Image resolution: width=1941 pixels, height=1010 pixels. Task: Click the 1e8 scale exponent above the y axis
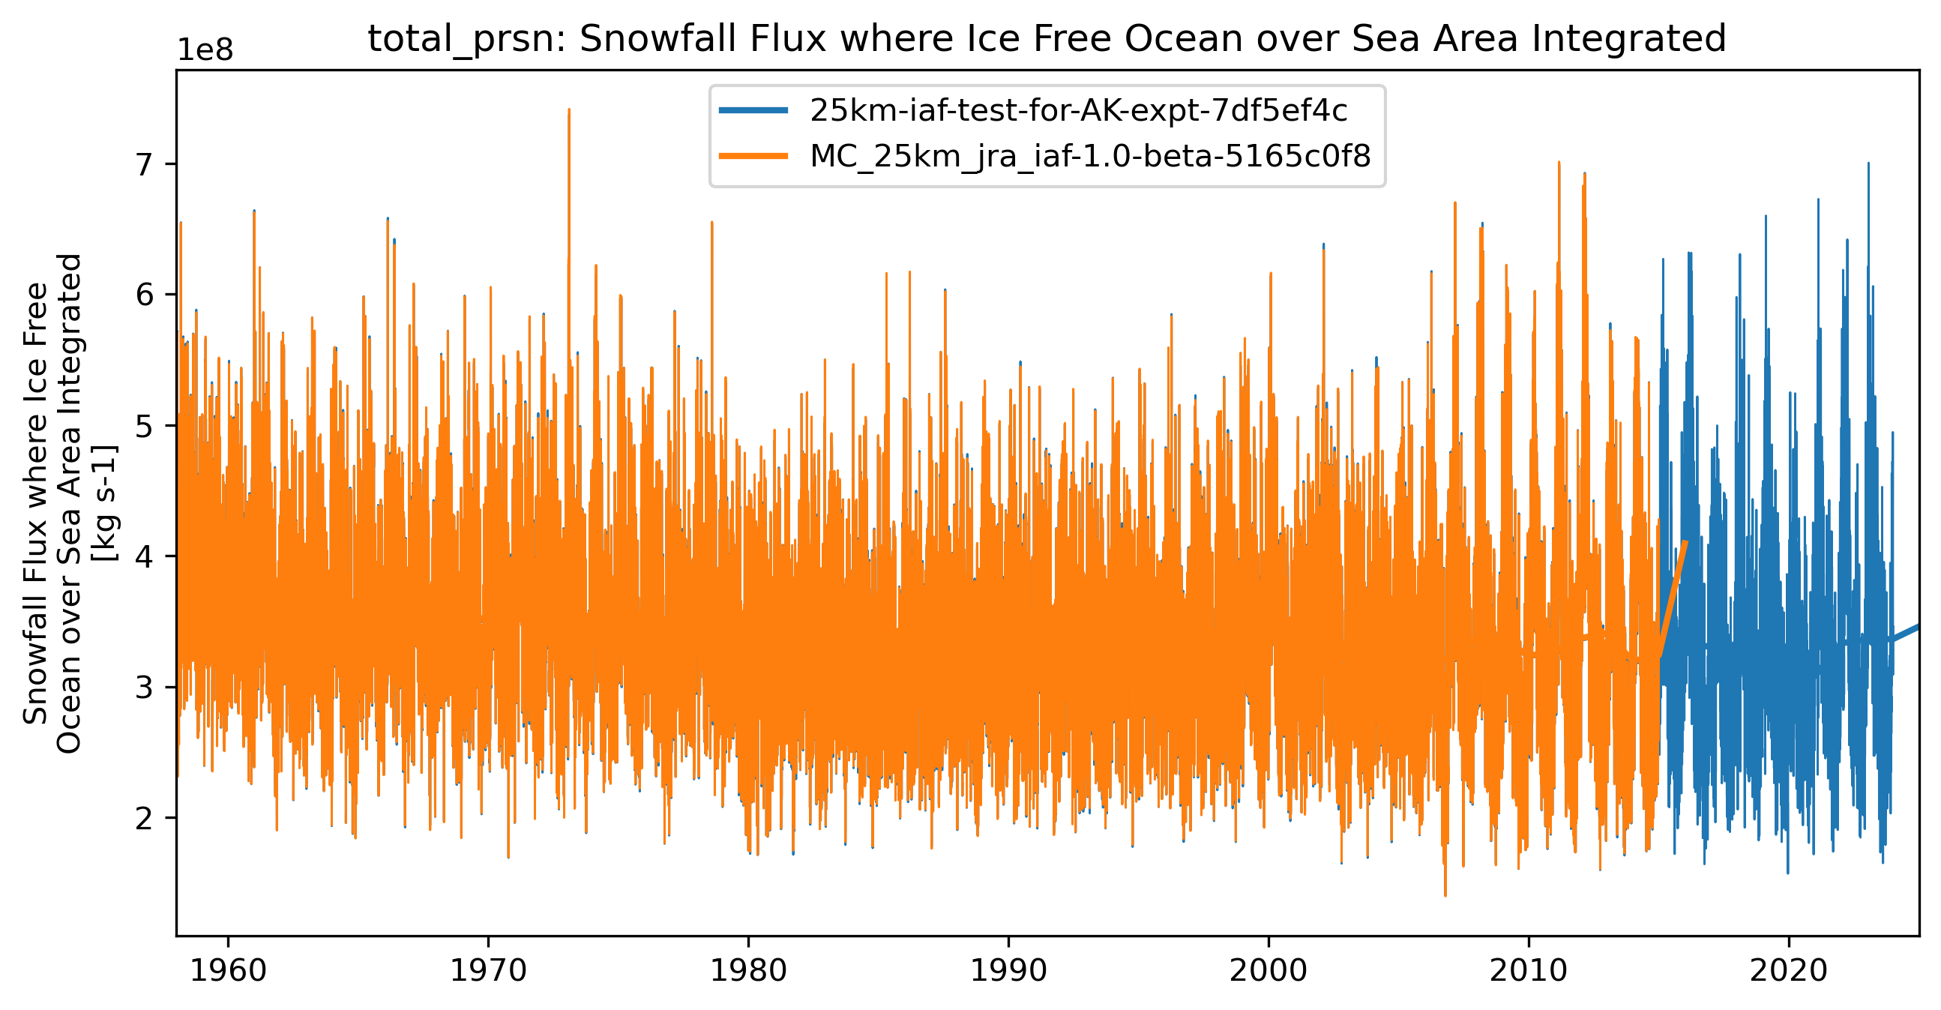pos(205,50)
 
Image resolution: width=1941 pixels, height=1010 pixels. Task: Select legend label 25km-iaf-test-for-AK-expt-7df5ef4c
pos(1078,111)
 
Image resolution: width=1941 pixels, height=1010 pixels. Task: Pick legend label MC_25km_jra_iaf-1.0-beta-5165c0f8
pos(1090,156)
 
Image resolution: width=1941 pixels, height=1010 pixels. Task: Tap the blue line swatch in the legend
pos(753,111)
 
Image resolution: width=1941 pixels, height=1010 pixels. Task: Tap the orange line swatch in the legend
pos(753,156)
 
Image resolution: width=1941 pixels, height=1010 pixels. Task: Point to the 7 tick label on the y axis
pos(145,164)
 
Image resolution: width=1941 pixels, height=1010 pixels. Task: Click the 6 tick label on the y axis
pos(145,295)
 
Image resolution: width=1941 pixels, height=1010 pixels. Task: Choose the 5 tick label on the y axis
pos(145,426)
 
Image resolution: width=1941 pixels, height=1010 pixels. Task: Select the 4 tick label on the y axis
pos(145,556)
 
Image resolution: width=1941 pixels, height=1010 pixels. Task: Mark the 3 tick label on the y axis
pos(145,688)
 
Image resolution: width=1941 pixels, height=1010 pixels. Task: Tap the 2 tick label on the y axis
pos(145,818)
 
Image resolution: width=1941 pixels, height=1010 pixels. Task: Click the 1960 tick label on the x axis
pos(228,971)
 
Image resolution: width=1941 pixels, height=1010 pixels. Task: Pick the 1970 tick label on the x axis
pos(488,971)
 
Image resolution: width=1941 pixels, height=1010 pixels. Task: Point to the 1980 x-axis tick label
pos(748,971)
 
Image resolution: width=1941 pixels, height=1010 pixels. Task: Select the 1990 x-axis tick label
pos(1008,971)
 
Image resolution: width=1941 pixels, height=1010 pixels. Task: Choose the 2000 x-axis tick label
pos(1269,971)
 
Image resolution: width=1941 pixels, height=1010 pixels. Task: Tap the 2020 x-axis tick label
pos(1789,971)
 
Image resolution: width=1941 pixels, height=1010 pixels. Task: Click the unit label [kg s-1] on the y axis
pos(104,502)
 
